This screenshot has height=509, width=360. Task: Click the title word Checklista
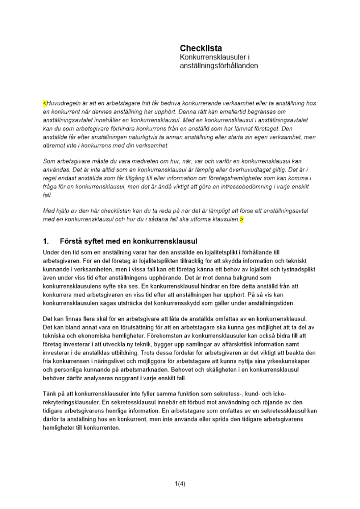click(x=201, y=48)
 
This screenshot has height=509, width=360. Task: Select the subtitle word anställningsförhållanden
click(x=219, y=66)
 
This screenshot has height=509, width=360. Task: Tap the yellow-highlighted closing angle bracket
click(x=242, y=219)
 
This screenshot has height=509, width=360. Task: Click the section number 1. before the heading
click(x=46, y=241)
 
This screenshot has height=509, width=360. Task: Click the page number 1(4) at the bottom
click(x=180, y=484)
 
